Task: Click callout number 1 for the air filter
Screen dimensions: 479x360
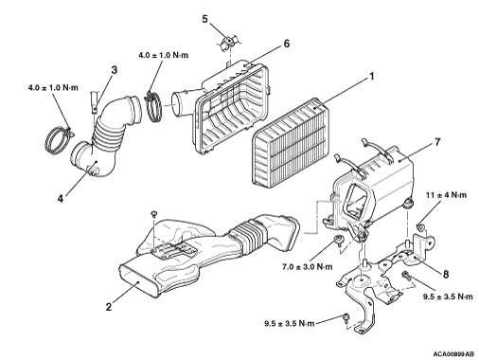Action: pos(372,77)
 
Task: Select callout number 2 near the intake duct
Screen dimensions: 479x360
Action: pos(109,306)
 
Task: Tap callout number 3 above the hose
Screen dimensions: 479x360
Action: pos(115,70)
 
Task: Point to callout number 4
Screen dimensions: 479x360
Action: pos(61,198)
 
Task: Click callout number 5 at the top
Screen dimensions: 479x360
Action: pos(205,19)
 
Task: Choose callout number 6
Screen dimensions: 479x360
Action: pos(286,44)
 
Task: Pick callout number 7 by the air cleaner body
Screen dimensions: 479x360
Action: pos(437,142)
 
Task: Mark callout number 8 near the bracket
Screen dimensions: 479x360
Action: pos(446,274)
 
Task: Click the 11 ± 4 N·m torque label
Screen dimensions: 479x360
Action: pos(446,195)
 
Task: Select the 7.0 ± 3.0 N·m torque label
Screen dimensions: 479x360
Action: pos(307,267)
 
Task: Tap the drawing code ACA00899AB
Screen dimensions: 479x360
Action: pos(453,353)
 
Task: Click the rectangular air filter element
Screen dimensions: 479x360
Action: pos(290,141)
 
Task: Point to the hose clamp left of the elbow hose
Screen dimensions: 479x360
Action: pos(59,138)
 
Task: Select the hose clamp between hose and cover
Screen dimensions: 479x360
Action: pos(154,107)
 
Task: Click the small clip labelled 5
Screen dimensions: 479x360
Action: pos(227,44)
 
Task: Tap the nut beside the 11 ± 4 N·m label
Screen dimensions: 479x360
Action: pos(420,227)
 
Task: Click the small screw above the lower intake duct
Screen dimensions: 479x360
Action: pos(154,214)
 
